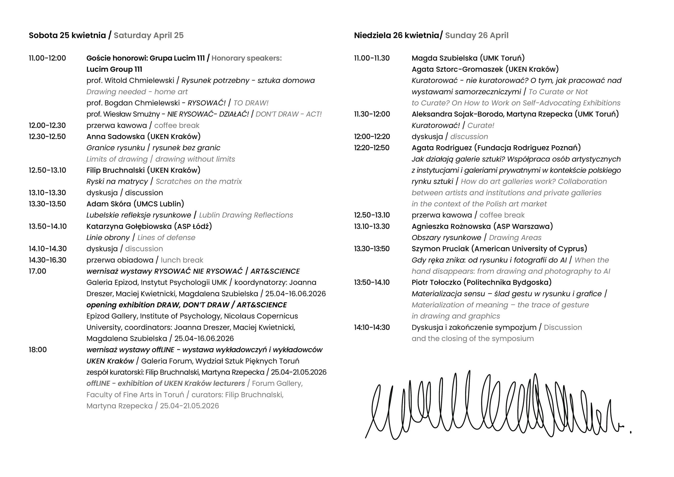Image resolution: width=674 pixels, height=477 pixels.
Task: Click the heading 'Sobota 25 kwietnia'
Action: (67, 35)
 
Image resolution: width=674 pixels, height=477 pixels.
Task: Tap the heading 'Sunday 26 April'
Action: (477, 35)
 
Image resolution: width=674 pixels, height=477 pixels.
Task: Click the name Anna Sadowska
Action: (115, 137)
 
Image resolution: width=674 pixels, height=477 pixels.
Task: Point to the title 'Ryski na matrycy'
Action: (117, 182)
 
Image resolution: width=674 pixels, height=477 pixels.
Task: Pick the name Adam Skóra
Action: (109, 204)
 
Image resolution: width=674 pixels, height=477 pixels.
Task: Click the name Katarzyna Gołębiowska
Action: (129, 226)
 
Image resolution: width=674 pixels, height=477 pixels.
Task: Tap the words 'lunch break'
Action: (182, 260)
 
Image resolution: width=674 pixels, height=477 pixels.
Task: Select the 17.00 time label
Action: (38, 271)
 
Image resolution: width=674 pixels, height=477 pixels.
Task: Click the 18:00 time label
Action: (38, 350)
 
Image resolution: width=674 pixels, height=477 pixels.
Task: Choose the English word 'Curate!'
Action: (481, 125)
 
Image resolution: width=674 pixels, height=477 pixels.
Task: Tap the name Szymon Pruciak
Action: (440, 249)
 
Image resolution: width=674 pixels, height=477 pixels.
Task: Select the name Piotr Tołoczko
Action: (437, 283)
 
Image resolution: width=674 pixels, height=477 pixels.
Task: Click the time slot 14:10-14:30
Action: (372, 327)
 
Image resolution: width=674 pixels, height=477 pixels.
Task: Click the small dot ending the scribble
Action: (631, 432)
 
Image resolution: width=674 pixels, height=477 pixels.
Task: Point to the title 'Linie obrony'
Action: (108, 238)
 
